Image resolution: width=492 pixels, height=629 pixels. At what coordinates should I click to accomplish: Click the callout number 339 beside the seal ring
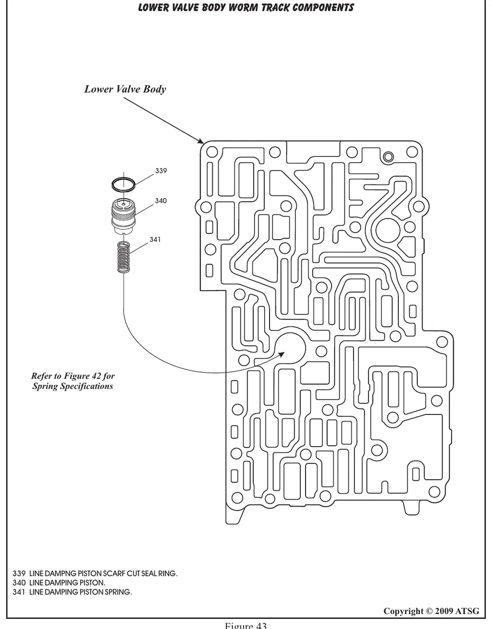coord(161,171)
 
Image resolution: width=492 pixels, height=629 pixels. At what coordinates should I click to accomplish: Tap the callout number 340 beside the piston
coord(161,201)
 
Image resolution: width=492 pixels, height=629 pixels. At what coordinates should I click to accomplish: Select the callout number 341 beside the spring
coord(155,239)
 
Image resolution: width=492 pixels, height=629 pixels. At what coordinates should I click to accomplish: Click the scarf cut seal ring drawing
coord(123,184)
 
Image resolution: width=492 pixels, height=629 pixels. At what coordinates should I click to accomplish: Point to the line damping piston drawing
coord(123,217)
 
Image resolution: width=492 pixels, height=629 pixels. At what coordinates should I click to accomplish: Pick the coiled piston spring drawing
coord(123,257)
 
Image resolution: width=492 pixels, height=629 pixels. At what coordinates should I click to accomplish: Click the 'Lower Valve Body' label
coord(125,89)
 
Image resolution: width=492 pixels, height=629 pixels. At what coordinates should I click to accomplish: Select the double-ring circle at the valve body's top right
coord(388,157)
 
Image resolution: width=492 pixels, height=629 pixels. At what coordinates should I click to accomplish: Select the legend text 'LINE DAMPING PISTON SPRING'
coord(80,592)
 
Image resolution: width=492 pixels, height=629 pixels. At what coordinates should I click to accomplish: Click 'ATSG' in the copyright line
coord(467,611)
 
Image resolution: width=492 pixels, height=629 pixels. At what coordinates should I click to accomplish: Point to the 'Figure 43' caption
coord(246,625)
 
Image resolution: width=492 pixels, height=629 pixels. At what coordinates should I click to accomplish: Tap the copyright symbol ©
coord(430,611)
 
